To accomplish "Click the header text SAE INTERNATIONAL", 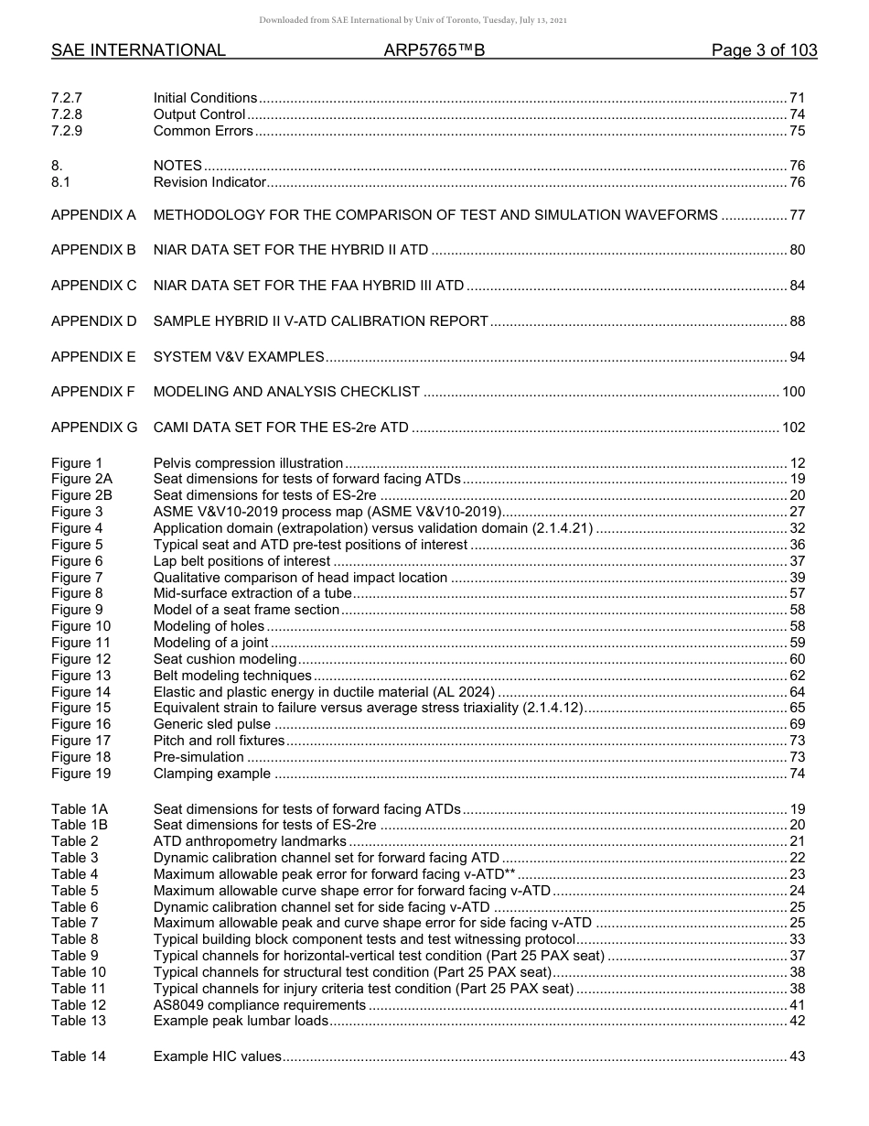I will pos(138,51).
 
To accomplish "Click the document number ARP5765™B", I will pos(434,51).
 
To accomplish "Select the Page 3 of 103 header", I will pos(764,51).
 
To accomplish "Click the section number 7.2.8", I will pos(68,114).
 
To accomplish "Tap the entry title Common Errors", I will pos(203,131).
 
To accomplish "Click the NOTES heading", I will pos(177,166).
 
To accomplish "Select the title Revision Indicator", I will pos(209,182).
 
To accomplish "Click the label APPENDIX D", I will pos(93,321).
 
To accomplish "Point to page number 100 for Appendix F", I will pos(793,392).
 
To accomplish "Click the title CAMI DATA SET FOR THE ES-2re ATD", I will pos(281,428).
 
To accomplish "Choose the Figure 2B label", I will pos(82,495).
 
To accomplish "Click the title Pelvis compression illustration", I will pos(248,463).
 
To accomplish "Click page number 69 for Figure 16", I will pos(797,724).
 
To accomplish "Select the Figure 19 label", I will pos(80,774).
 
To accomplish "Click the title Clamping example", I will pos(212,774).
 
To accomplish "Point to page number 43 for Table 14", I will pos(797,1056).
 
